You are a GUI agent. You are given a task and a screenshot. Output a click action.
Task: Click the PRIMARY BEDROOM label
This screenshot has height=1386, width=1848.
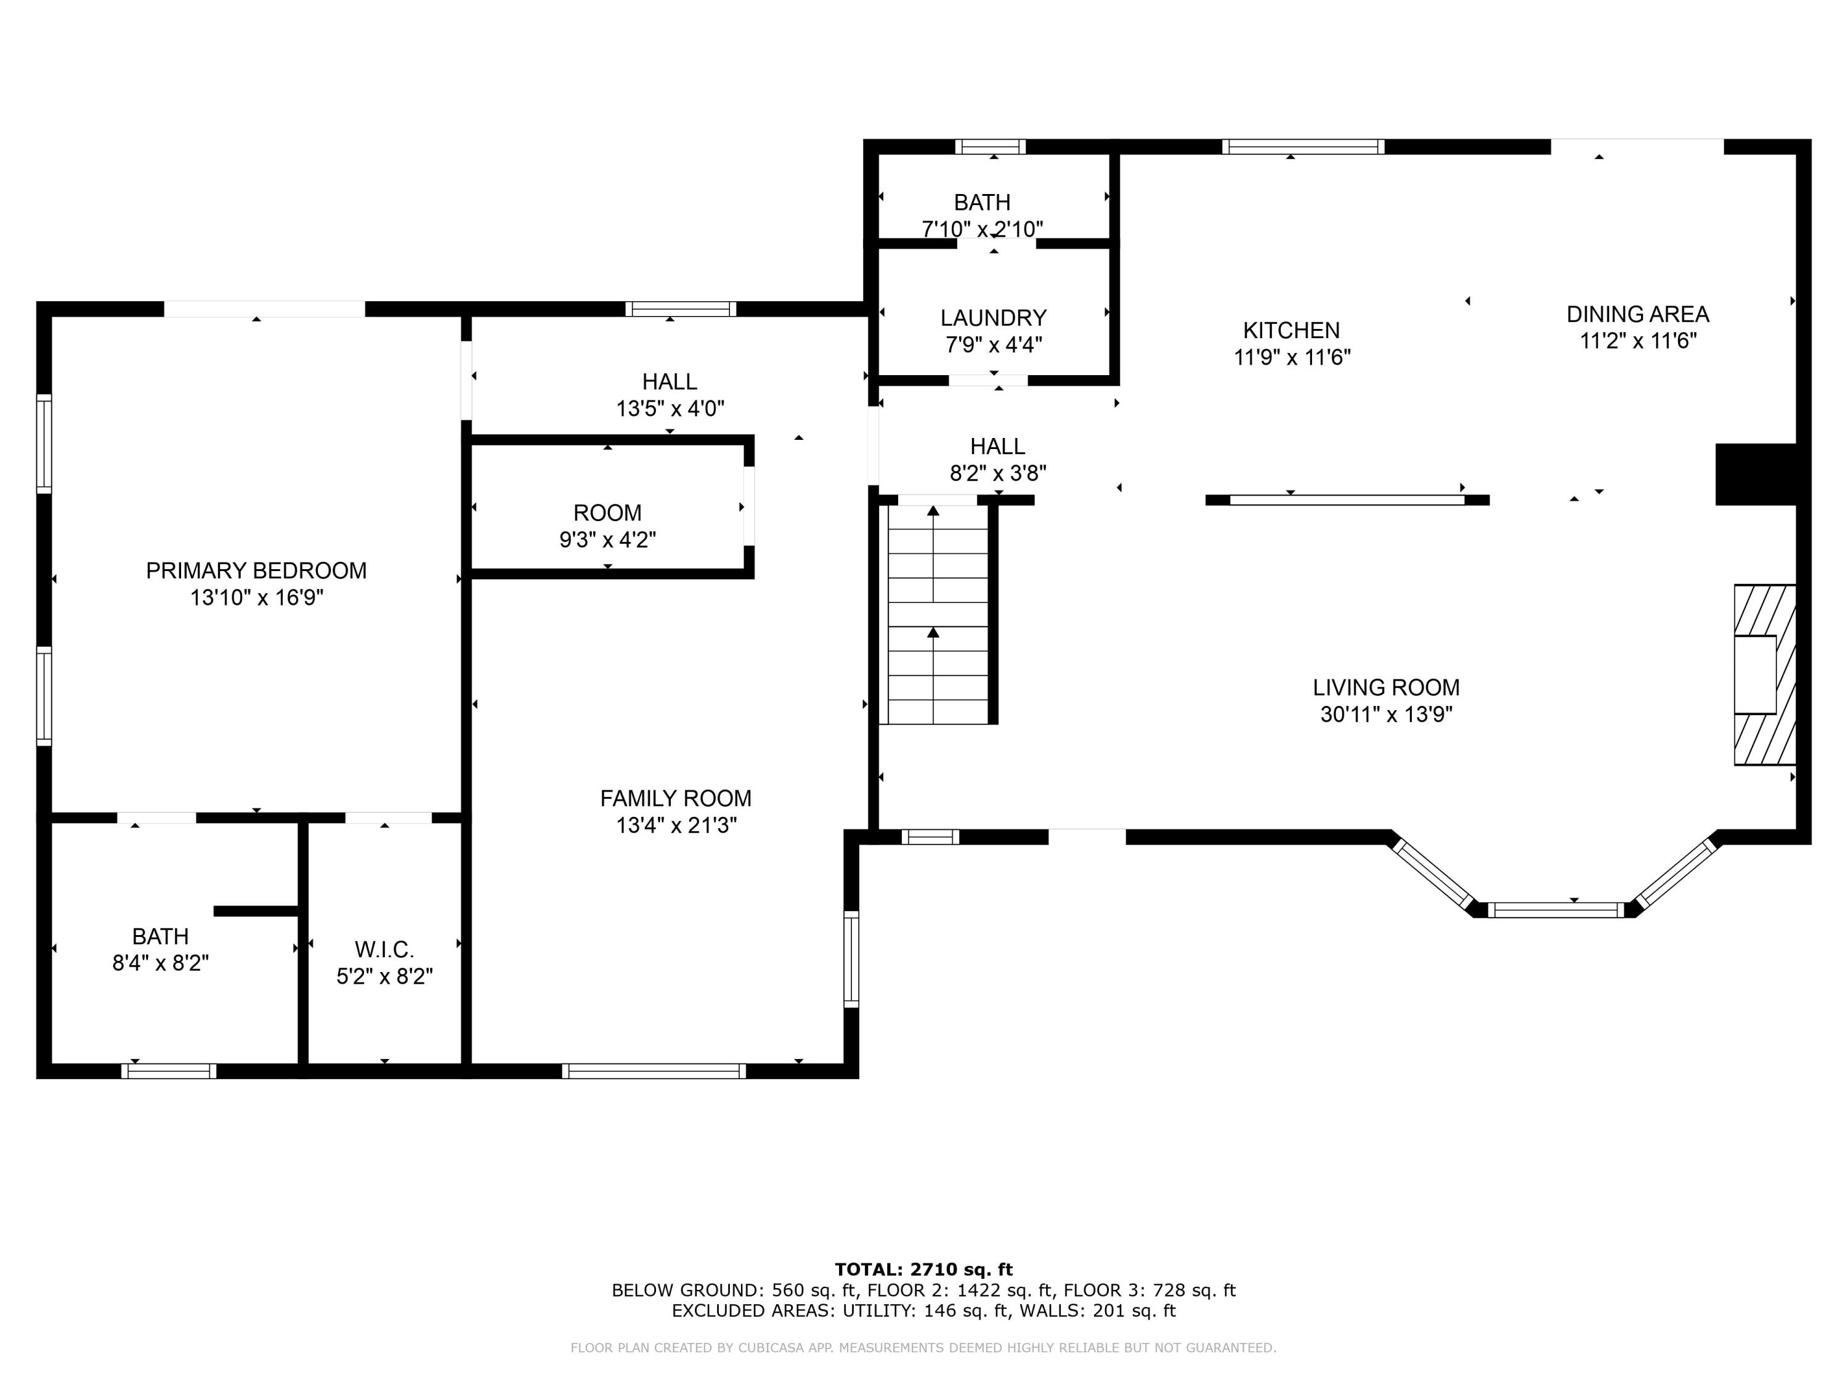tap(256, 570)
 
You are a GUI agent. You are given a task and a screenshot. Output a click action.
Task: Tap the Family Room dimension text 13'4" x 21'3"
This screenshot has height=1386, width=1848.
tap(677, 825)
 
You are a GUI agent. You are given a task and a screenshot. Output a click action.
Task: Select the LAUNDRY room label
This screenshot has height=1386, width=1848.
tap(994, 318)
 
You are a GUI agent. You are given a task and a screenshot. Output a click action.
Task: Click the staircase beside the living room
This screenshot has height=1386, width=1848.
tap(938, 614)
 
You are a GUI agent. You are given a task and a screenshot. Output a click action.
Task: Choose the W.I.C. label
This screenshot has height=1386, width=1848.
tap(384, 949)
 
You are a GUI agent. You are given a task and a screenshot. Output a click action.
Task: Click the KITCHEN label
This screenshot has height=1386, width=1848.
tap(1292, 331)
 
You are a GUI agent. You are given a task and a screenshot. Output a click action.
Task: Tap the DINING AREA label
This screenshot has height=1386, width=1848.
tap(1637, 315)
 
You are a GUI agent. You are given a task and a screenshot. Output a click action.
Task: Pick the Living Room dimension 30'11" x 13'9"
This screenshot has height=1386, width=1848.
tap(1387, 715)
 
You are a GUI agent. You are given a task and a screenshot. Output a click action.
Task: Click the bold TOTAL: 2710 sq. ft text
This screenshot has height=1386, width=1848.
tap(923, 1270)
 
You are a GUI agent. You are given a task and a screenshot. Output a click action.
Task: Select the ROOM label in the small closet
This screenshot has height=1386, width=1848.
tap(607, 513)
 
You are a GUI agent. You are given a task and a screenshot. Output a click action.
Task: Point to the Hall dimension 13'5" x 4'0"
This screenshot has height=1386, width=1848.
tap(670, 408)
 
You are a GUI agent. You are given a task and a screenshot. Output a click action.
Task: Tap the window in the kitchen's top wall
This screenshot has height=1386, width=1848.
tap(1303, 147)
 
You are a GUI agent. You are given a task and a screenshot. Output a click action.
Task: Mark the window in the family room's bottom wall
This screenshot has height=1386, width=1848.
tap(654, 1071)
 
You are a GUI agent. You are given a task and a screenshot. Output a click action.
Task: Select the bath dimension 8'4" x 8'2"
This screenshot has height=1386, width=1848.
tap(160, 963)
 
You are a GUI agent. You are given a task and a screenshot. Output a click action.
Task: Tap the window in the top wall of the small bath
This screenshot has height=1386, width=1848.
tap(991, 147)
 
